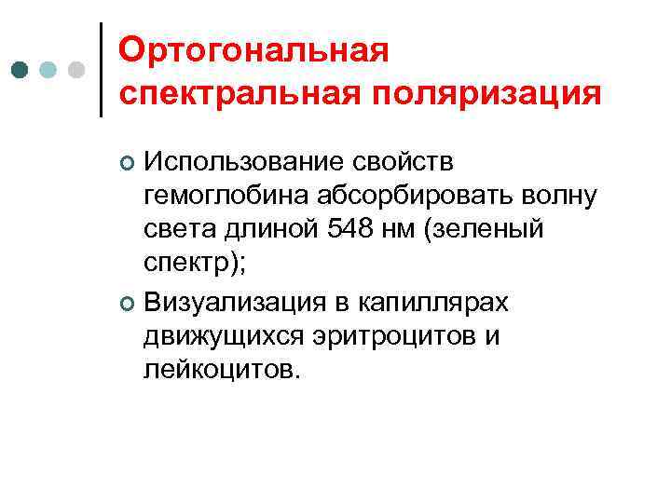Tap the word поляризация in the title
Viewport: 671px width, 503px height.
(x=485, y=93)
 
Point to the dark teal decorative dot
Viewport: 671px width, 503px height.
(x=21, y=71)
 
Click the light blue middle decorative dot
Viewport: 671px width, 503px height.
(x=48, y=71)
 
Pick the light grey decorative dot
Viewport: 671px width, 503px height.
(x=77, y=71)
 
